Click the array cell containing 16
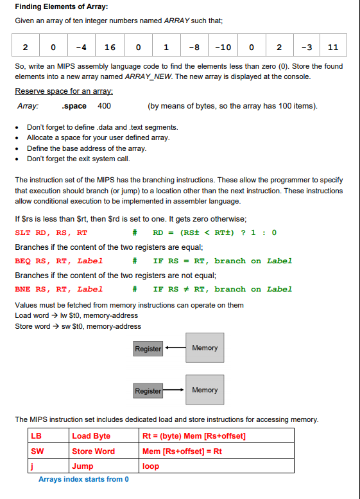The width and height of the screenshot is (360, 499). (110, 47)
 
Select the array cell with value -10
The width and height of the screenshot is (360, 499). (222, 47)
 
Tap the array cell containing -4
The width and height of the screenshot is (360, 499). (81, 47)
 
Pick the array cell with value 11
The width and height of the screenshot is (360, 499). (332, 47)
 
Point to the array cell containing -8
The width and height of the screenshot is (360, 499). (194, 47)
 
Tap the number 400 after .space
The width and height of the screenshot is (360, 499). (104, 106)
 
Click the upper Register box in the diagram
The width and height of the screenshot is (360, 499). (148, 349)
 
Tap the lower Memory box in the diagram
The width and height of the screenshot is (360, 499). (205, 390)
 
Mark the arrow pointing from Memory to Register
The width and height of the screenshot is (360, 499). (174, 348)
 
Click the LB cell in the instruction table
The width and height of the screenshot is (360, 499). (37, 436)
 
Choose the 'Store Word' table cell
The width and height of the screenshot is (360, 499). (94, 451)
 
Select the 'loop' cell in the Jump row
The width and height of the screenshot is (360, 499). (151, 466)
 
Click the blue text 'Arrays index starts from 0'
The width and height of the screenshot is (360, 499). (83, 479)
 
